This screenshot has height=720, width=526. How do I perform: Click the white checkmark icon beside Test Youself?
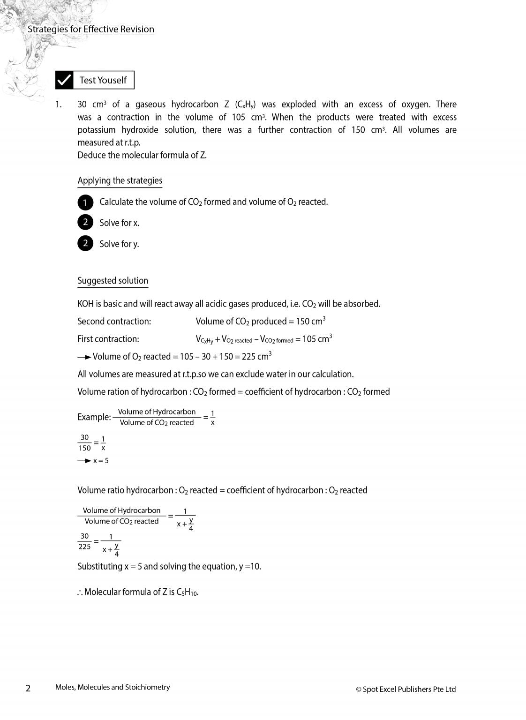click(64, 80)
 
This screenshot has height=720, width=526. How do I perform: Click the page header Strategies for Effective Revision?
click(90, 29)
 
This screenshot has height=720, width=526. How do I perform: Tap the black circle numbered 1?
click(85, 202)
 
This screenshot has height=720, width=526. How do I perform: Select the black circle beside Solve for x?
click(85, 222)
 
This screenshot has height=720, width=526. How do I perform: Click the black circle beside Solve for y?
click(85, 243)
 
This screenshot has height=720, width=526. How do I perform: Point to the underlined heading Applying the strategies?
click(120, 180)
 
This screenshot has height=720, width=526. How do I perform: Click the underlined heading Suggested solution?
click(113, 280)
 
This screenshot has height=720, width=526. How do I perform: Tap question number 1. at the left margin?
click(59, 105)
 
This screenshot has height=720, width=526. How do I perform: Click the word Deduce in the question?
click(91, 155)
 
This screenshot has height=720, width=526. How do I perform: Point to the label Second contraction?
click(114, 322)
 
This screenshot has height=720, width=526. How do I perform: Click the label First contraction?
click(108, 339)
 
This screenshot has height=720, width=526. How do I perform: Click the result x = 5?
click(100, 461)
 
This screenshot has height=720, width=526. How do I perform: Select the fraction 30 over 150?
click(84, 442)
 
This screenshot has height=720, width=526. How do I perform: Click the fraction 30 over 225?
click(84, 541)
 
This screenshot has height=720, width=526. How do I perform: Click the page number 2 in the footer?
click(28, 688)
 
